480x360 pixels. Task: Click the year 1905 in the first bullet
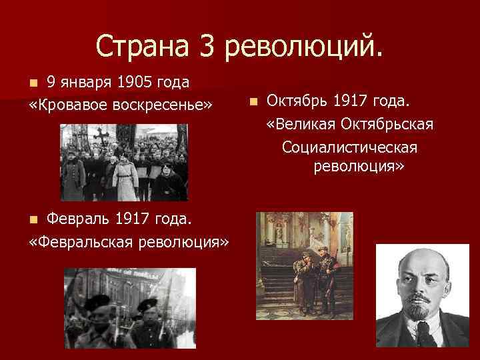[x=135, y=82]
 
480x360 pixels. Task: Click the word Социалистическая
[x=350, y=146]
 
